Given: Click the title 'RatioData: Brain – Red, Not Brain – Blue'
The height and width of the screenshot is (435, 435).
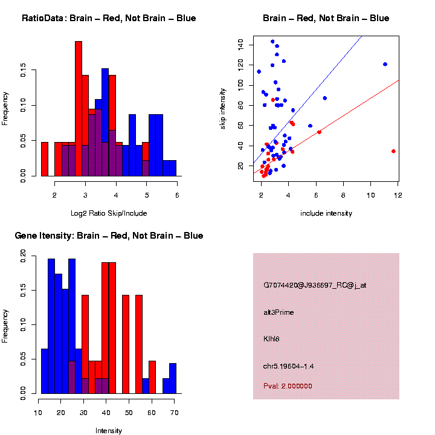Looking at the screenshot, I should tap(109, 18).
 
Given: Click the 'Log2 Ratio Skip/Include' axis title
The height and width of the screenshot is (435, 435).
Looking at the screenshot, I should tap(109, 213).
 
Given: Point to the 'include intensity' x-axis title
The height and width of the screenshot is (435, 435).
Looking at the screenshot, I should tap(326, 213).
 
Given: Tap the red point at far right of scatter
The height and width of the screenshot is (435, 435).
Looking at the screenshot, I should tap(393, 151).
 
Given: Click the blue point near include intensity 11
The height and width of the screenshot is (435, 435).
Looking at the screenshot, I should tap(385, 64).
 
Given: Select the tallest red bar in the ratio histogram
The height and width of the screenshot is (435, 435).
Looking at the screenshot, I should tap(79, 109).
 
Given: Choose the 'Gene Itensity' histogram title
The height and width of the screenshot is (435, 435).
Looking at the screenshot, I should tap(109, 236).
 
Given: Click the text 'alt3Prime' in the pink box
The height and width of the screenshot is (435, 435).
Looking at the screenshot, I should tap(279, 312).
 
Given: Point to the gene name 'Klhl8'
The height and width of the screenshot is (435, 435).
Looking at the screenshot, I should tap(271, 339).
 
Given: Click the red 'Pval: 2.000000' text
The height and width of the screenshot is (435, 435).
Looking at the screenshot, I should tap(288, 385).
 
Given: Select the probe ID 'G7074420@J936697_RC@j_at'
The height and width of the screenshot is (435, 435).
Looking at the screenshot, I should tap(315, 285).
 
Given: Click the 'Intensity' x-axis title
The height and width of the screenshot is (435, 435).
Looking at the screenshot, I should tap(109, 431).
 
